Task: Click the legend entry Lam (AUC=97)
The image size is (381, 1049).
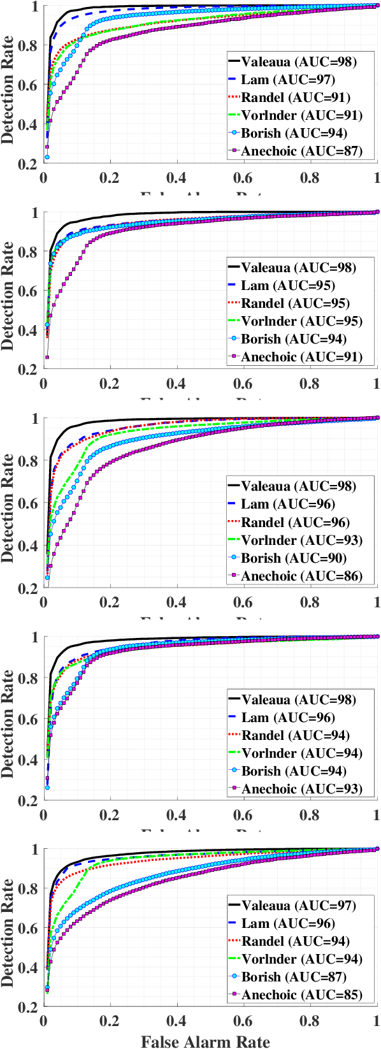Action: (287, 80)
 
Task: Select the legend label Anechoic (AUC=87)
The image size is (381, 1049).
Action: (301, 151)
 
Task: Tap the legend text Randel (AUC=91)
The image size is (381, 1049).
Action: (296, 98)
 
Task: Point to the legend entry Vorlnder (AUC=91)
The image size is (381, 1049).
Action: (301, 115)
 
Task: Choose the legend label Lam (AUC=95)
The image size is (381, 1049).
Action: (287, 286)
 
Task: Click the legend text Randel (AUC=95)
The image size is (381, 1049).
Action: (296, 303)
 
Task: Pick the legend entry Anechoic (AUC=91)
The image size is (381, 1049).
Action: (301, 357)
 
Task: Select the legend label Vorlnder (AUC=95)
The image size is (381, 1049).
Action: (301, 321)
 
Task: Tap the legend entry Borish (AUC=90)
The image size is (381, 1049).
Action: (294, 558)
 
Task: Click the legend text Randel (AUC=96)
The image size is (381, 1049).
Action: (296, 523)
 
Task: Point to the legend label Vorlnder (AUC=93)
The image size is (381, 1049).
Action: (301, 540)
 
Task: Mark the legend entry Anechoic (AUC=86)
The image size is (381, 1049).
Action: (301, 576)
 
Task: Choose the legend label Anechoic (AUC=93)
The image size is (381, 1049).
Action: (301, 789)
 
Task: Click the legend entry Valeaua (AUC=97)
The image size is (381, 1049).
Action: (298, 906)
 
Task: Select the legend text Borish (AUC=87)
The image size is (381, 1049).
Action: (294, 977)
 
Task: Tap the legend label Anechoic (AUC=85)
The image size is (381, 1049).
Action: (301, 995)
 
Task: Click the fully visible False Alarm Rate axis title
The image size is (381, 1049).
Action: (205, 1042)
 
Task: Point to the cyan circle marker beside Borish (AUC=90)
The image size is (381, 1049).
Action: (234, 558)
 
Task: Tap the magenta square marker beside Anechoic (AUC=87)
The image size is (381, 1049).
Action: (234, 151)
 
